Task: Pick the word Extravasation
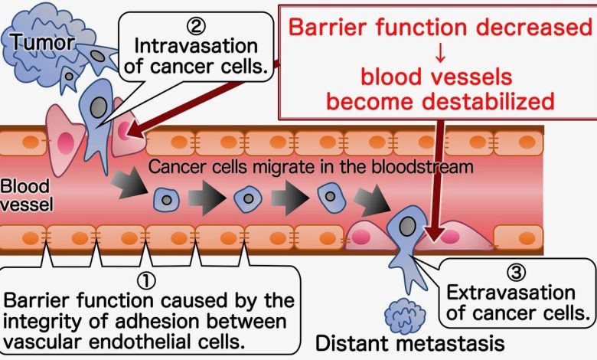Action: point(510,293)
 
